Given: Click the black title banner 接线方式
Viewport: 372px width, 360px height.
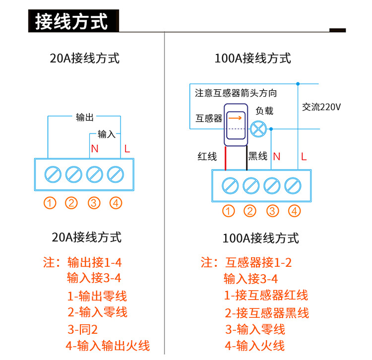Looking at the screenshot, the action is coord(73,21).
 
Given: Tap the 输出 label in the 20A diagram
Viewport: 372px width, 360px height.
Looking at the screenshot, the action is coord(85,117).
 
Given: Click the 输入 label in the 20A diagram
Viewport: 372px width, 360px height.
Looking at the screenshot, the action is coord(107,134).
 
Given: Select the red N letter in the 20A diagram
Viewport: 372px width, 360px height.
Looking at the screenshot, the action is coord(95,149).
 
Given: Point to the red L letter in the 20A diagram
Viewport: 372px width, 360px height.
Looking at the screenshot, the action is coord(127,149).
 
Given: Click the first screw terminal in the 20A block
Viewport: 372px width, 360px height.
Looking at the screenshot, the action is coord(53,175).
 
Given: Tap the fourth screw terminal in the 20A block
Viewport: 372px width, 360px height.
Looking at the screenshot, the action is coord(115,175).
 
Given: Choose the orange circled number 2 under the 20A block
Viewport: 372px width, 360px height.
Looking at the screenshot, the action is coord(71,203).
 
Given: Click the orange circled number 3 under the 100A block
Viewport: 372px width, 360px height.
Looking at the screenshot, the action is coord(273,211).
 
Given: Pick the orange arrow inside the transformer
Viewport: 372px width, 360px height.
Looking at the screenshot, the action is coord(235,118).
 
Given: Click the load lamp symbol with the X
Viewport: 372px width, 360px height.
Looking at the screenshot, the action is coord(258,129).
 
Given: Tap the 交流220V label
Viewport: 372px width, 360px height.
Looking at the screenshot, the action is coord(321,107).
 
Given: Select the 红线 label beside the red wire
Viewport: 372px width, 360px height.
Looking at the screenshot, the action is coord(207,156).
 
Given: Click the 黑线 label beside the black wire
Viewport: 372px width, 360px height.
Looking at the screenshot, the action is coord(258,156).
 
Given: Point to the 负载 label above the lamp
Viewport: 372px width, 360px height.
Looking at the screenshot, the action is coord(264,111).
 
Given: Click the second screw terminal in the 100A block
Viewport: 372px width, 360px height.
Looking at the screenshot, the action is coord(251,185).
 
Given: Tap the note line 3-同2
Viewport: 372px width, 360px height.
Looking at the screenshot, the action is coord(82,329).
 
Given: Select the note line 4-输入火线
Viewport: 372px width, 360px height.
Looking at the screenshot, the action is coord(254,346).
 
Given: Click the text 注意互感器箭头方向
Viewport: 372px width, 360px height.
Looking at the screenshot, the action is coord(236,93).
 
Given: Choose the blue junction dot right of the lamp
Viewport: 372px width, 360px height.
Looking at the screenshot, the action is coord(271,129).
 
